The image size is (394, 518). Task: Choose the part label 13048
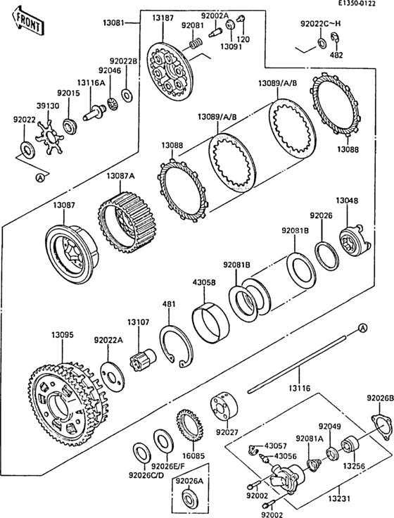(x=345, y=201)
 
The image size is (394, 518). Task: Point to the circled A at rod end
(x=362, y=327)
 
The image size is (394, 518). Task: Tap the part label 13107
(x=138, y=322)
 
